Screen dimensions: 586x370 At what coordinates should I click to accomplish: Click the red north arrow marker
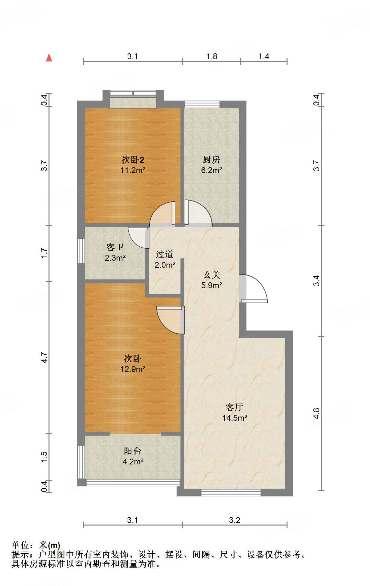49,58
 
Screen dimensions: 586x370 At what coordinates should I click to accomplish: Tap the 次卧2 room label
133,159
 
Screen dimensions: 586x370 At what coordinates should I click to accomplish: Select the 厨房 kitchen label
212,159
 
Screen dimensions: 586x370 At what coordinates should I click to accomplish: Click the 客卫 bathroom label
115,247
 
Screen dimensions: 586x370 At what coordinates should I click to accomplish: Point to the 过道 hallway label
165,255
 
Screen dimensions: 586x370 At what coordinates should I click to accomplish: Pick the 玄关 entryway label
212,275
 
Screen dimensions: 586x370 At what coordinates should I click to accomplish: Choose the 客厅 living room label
234,407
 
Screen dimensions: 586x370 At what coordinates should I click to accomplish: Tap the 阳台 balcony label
133,451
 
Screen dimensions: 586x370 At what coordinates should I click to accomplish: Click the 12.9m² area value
133,369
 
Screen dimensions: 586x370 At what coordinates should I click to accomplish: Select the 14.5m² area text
234,418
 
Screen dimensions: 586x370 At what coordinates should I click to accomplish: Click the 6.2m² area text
212,170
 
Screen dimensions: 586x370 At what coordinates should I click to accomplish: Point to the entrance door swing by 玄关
254,289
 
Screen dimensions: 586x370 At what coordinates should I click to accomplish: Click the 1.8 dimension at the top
212,57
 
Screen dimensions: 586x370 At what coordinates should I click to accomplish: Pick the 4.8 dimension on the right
316,413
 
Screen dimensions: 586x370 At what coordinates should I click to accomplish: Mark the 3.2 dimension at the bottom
234,520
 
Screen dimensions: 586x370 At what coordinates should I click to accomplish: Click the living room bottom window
231,493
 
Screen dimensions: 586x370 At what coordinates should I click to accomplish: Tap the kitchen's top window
202,104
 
